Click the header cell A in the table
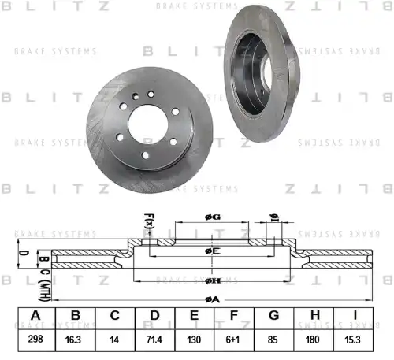pyautogui.click(x=35, y=316)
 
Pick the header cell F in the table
pyautogui.click(x=233, y=316)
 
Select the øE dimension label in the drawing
pyautogui.click(x=210, y=251)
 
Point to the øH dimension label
pyautogui.click(x=210, y=280)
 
